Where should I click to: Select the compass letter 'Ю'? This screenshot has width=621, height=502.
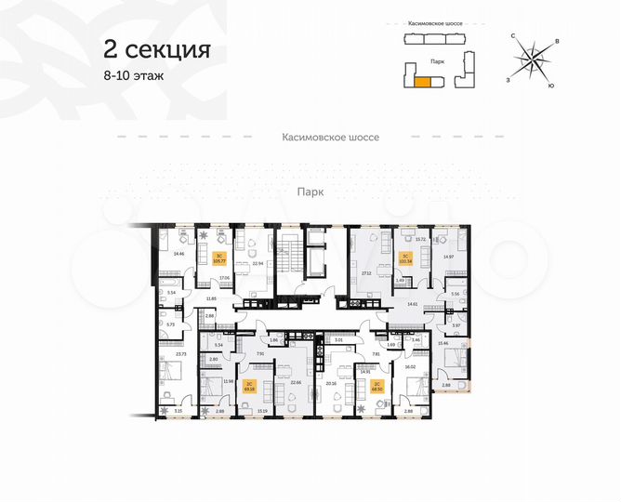(x=552, y=86)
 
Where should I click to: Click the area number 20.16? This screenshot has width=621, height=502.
(x=333, y=381)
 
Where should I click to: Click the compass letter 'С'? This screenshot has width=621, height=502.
(x=513, y=34)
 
